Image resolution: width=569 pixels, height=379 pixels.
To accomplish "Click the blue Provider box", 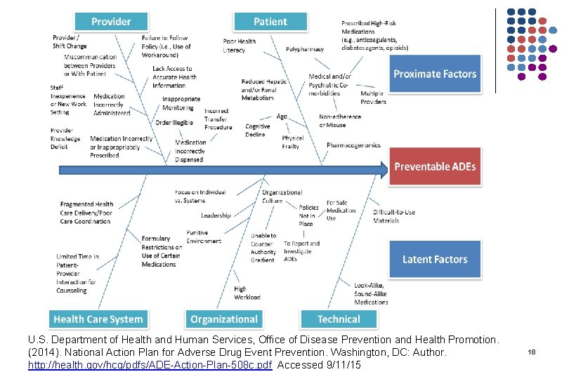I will (x=110, y=22).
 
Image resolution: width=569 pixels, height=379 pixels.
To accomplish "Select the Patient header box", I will (x=270, y=22).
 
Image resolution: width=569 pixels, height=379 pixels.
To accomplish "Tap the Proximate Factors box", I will (x=435, y=74).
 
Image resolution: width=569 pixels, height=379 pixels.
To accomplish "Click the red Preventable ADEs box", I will (x=435, y=166).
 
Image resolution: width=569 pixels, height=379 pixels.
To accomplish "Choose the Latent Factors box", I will (x=435, y=259).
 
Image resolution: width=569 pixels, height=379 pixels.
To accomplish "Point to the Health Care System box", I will (x=98, y=319).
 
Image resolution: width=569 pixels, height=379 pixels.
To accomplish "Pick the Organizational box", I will (x=223, y=319).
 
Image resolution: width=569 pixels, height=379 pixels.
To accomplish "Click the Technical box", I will (x=339, y=319).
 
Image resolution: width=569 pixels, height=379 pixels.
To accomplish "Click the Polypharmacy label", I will (x=305, y=49).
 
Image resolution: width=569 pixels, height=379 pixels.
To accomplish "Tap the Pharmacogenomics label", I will (x=353, y=145).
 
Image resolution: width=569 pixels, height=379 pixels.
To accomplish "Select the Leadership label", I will (x=216, y=215).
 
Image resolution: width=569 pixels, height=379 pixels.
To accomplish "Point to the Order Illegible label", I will (x=174, y=122).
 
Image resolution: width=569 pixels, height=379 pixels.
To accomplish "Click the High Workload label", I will (x=247, y=293).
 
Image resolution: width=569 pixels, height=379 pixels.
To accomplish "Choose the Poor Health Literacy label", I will (x=240, y=46).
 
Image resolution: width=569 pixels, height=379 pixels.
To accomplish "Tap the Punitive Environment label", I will (x=204, y=237).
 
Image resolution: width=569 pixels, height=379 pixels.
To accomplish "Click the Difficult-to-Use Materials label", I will (x=394, y=216).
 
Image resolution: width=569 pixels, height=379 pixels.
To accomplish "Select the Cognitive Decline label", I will (x=257, y=131).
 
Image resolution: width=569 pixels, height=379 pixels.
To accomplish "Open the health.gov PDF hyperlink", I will (x=150, y=366).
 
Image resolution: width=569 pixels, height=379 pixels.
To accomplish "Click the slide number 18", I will (x=532, y=351).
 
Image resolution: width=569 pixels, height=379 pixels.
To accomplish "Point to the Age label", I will (x=282, y=117).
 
